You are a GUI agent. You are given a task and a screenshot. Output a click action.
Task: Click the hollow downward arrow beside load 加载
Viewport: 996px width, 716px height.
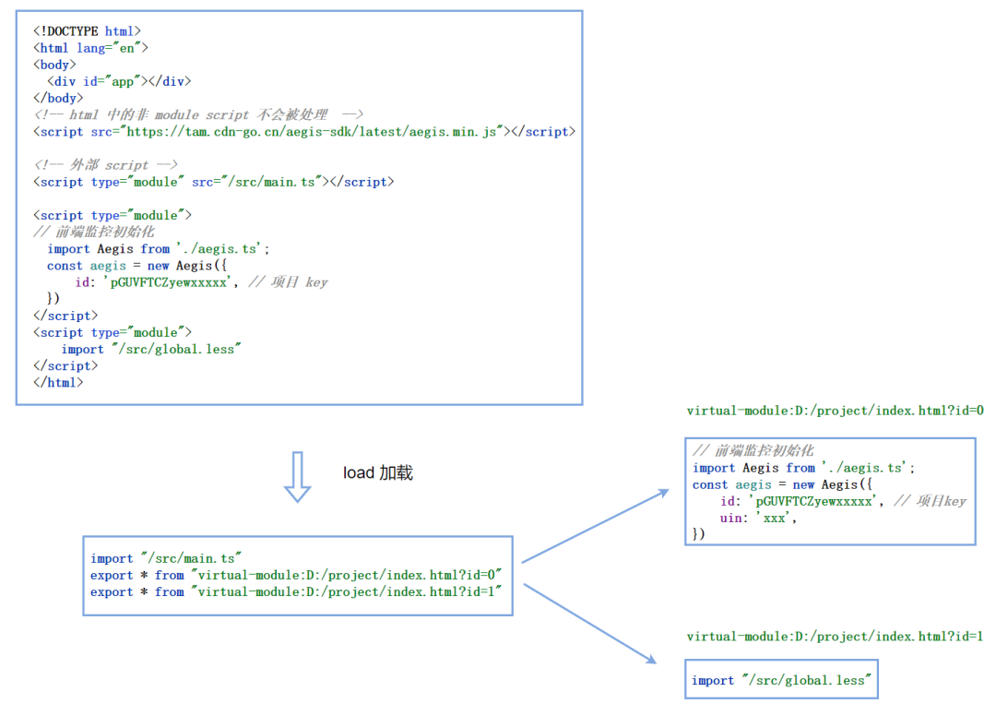pos(296,476)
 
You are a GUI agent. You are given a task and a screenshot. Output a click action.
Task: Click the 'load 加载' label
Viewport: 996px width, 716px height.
pos(378,473)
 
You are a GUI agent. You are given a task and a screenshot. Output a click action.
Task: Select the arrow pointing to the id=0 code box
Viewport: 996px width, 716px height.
pos(595,526)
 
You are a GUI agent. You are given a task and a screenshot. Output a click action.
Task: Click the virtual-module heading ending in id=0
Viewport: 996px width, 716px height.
pos(835,411)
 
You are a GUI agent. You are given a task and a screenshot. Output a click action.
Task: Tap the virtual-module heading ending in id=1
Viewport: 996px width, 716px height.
pos(835,637)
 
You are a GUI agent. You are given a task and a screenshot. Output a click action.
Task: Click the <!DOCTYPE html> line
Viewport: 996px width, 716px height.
pos(88,31)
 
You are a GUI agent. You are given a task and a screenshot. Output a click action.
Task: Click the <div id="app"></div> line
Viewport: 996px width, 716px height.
pos(120,81)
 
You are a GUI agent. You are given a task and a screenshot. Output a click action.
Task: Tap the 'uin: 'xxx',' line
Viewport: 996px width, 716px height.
pos(758,518)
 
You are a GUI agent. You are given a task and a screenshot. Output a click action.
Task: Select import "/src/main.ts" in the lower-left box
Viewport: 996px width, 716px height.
pos(166,558)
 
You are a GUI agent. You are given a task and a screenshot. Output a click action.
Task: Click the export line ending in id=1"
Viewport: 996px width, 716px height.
pos(296,591)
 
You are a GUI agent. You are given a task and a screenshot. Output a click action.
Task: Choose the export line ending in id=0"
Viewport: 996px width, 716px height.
pos(296,575)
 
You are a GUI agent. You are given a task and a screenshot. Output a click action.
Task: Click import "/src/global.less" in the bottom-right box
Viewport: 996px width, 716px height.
pos(781,680)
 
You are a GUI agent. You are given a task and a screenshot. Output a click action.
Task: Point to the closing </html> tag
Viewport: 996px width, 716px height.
pos(58,382)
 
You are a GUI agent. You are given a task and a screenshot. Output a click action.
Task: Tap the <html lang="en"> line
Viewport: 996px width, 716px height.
pos(90,48)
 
